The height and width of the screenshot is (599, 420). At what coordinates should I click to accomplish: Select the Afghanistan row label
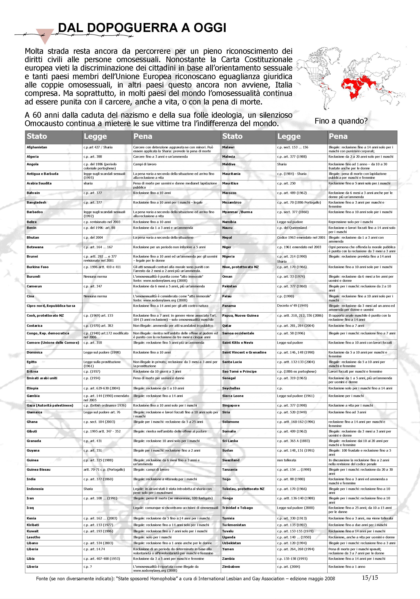click(37, 147)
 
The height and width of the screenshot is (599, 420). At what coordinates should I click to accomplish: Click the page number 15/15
click(370, 577)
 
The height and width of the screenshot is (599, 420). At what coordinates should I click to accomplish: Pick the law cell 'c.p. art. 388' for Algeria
click(93, 157)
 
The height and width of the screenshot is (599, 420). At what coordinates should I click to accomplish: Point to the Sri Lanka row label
click(230, 441)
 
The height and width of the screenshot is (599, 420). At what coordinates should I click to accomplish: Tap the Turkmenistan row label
click(234, 525)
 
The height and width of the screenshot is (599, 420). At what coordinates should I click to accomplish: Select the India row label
click(31, 479)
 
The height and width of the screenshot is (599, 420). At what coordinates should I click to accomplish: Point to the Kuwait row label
click(32, 531)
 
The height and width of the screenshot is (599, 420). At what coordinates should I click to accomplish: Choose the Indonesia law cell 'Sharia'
click(88, 489)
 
